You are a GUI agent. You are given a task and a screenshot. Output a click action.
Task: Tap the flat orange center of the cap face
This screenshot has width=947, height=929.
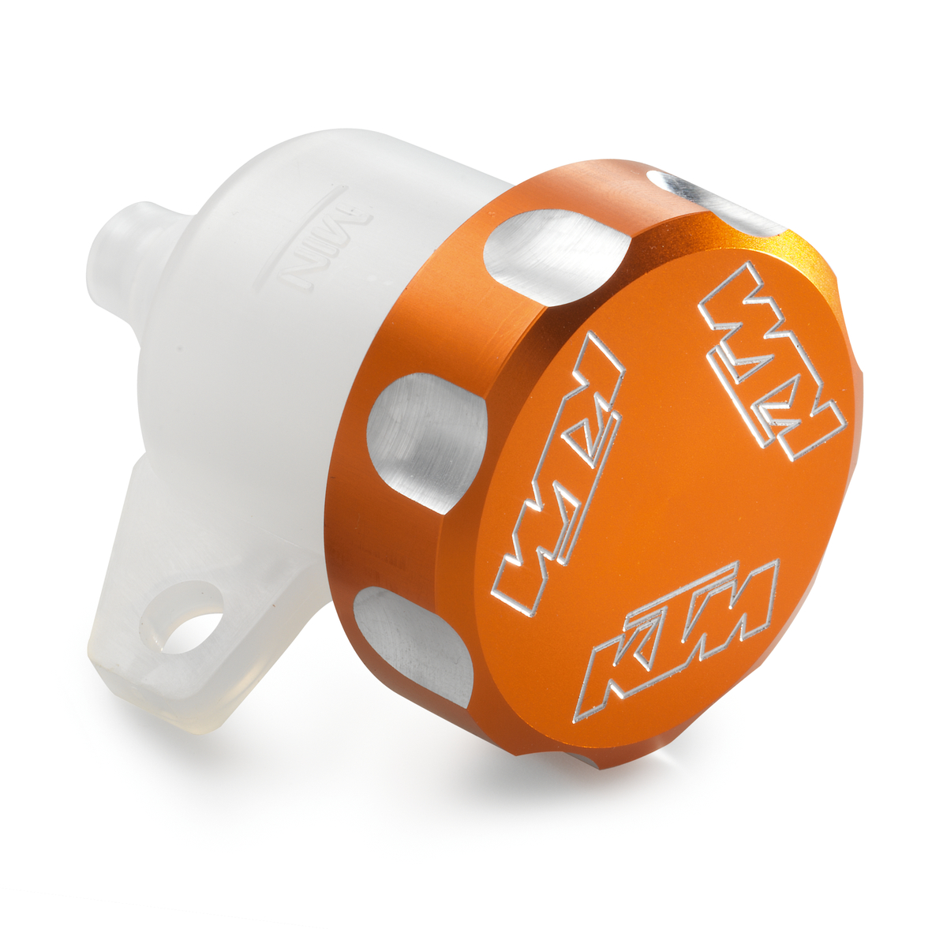click(671, 489)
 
